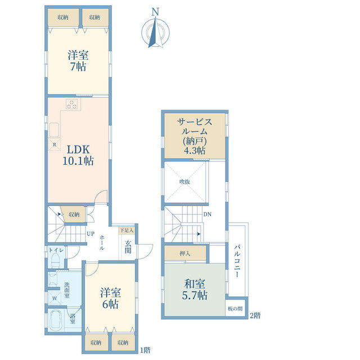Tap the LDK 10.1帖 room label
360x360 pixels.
pyautogui.click(x=78, y=155)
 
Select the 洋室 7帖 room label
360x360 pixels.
pyautogui.click(x=78, y=61)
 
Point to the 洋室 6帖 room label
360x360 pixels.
pyautogui.click(x=110, y=299)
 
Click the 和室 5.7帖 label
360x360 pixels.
pyautogui.click(x=195, y=290)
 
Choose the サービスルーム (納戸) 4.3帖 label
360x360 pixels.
pyautogui.click(x=195, y=136)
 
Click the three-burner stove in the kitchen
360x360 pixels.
pyautogui.click(x=72, y=105)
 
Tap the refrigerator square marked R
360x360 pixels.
pyautogui.click(x=55, y=145)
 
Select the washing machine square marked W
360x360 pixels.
pyautogui.click(x=55, y=299)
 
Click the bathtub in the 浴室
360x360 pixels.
pyautogui.click(x=56, y=321)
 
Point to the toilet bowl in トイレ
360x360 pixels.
pyautogui.click(x=56, y=261)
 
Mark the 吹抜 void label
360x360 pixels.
pyautogui.click(x=184, y=182)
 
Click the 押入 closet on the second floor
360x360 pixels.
pyautogui.click(x=185, y=254)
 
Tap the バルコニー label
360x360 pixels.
pyautogui.click(x=237, y=261)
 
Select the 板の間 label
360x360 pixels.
pyautogui.click(x=235, y=309)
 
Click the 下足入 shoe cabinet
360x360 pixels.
pyautogui.click(x=127, y=230)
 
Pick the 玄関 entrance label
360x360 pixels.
pyautogui.click(x=128, y=247)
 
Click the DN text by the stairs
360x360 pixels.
pyautogui.click(x=208, y=214)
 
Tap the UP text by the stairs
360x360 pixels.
pyautogui.click(x=91, y=234)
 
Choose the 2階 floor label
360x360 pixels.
pyautogui.click(x=255, y=316)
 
